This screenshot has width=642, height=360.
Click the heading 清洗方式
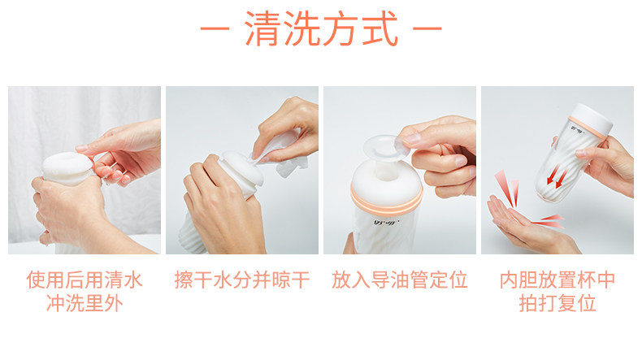(x=322, y=28)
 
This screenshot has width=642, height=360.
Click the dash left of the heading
(x=215, y=28)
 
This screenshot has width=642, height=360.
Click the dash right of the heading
(x=427, y=28)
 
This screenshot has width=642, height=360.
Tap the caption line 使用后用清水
(x=85, y=280)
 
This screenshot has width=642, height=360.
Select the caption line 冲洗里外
(x=85, y=303)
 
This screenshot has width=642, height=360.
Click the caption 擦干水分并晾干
(x=242, y=280)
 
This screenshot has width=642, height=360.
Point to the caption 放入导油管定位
(x=400, y=280)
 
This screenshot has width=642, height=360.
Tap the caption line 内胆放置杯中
(x=557, y=280)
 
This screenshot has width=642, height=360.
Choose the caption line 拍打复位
(x=557, y=303)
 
